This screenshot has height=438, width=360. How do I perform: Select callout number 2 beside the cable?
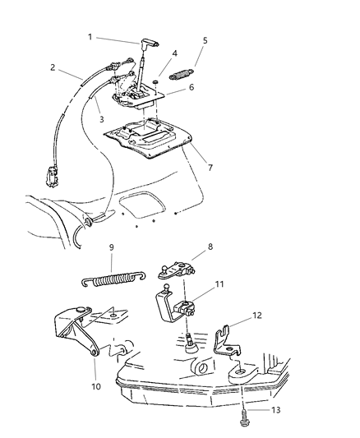point(52,69)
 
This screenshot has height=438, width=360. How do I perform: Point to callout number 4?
point(205,39)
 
